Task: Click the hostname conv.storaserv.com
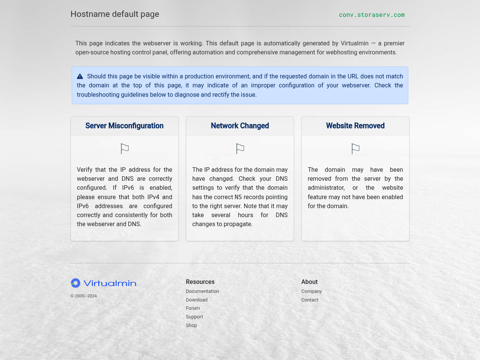(x=372, y=15)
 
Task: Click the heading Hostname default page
(x=115, y=14)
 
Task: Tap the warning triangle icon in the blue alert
(x=80, y=76)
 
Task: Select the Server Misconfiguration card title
(x=124, y=126)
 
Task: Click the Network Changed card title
(x=240, y=126)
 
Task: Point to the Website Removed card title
(x=355, y=126)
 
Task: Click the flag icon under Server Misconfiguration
(x=124, y=149)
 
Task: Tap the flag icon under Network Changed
(x=240, y=149)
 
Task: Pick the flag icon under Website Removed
(x=355, y=149)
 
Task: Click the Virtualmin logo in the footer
(x=103, y=283)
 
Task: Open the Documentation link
(x=202, y=291)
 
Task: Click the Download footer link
(x=196, y=300)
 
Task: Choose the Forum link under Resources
(x=193, y=308)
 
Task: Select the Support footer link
(x=194, y=317)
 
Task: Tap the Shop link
(x=191, y=325)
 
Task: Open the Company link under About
(x=311, y=291)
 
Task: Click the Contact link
(x=310, y=300)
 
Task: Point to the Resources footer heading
(x=200, y=282)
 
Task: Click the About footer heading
(x=309, y=282)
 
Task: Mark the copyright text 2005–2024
(x=84, y=296)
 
